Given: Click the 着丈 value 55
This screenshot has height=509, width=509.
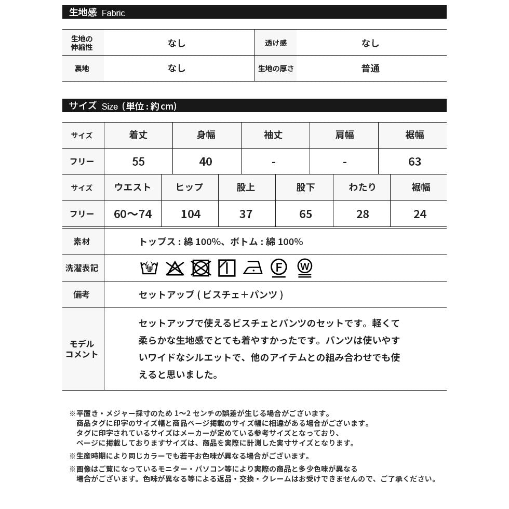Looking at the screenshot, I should coord(138,162).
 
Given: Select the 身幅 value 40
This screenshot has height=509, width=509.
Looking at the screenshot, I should coord(206,162).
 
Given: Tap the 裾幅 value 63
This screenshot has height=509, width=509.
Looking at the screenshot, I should coord(414,162).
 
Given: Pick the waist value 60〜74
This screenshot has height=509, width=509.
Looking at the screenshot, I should coord(132,214).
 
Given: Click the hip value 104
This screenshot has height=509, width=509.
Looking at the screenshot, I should coord(191,214).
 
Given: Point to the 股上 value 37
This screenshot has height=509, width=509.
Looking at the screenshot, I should coord(246,214).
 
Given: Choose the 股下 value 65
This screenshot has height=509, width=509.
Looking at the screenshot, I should coord(305,214).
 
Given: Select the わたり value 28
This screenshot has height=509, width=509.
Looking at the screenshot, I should coord(363,214).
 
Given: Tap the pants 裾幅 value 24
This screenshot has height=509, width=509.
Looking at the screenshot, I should coord(420,214).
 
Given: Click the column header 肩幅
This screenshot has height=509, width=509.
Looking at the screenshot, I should coord(344,135).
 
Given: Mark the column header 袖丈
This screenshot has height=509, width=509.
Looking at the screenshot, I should coord(273,135).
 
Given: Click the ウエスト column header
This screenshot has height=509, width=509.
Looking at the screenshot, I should coord(132,187).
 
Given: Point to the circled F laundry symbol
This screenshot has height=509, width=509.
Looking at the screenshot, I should coord(279,267).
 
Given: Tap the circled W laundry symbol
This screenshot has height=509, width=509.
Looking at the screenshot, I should coord(305,267).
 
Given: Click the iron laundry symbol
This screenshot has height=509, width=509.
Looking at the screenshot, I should coord(253,268).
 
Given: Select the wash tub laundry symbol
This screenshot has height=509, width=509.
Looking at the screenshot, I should coord(149,268).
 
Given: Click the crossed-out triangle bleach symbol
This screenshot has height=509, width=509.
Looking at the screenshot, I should coord(175,268).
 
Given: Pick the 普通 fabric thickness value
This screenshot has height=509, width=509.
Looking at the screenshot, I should coord(371,69).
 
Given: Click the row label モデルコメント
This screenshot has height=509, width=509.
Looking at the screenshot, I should coord(82,349).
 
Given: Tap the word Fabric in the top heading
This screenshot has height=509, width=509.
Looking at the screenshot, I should coord(113,13).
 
